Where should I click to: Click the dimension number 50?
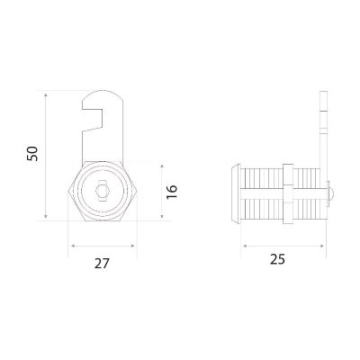pyautogui.click(x=32, y=154)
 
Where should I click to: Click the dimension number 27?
pyautogui.click(x=102, y=263)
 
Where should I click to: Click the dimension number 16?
pyautogui.click(x=172, y=192)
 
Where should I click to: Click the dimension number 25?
pyautogui.click(x=277, y=259)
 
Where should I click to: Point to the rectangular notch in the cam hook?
pyautogui.click(x=93, y=120)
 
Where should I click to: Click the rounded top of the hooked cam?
pyautogui.click(x=103, y=95)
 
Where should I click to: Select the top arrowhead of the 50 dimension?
pyautogui.click(x=46, y=95)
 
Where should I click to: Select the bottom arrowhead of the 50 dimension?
pyautogui.click(x=46, y=216)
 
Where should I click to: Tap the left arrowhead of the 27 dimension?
pyautogui.click(x=73, y=246)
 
